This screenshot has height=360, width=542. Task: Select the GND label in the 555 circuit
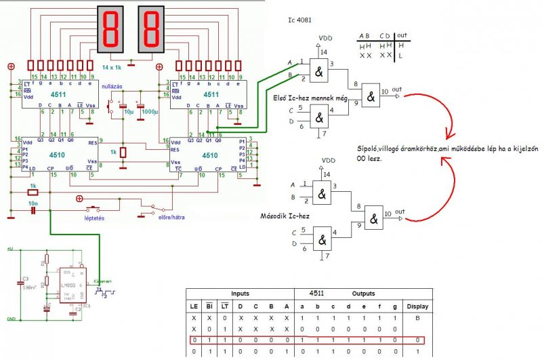point(11,319)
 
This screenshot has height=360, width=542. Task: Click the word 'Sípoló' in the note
point(372,148)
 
